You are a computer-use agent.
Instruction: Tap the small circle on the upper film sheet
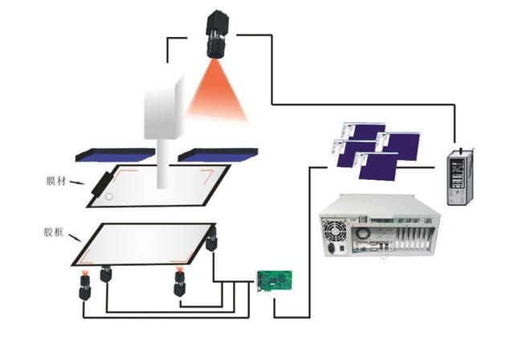point(110,194)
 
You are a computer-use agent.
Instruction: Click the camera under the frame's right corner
point(211,240)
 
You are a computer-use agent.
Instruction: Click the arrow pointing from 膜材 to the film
point(81,183)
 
